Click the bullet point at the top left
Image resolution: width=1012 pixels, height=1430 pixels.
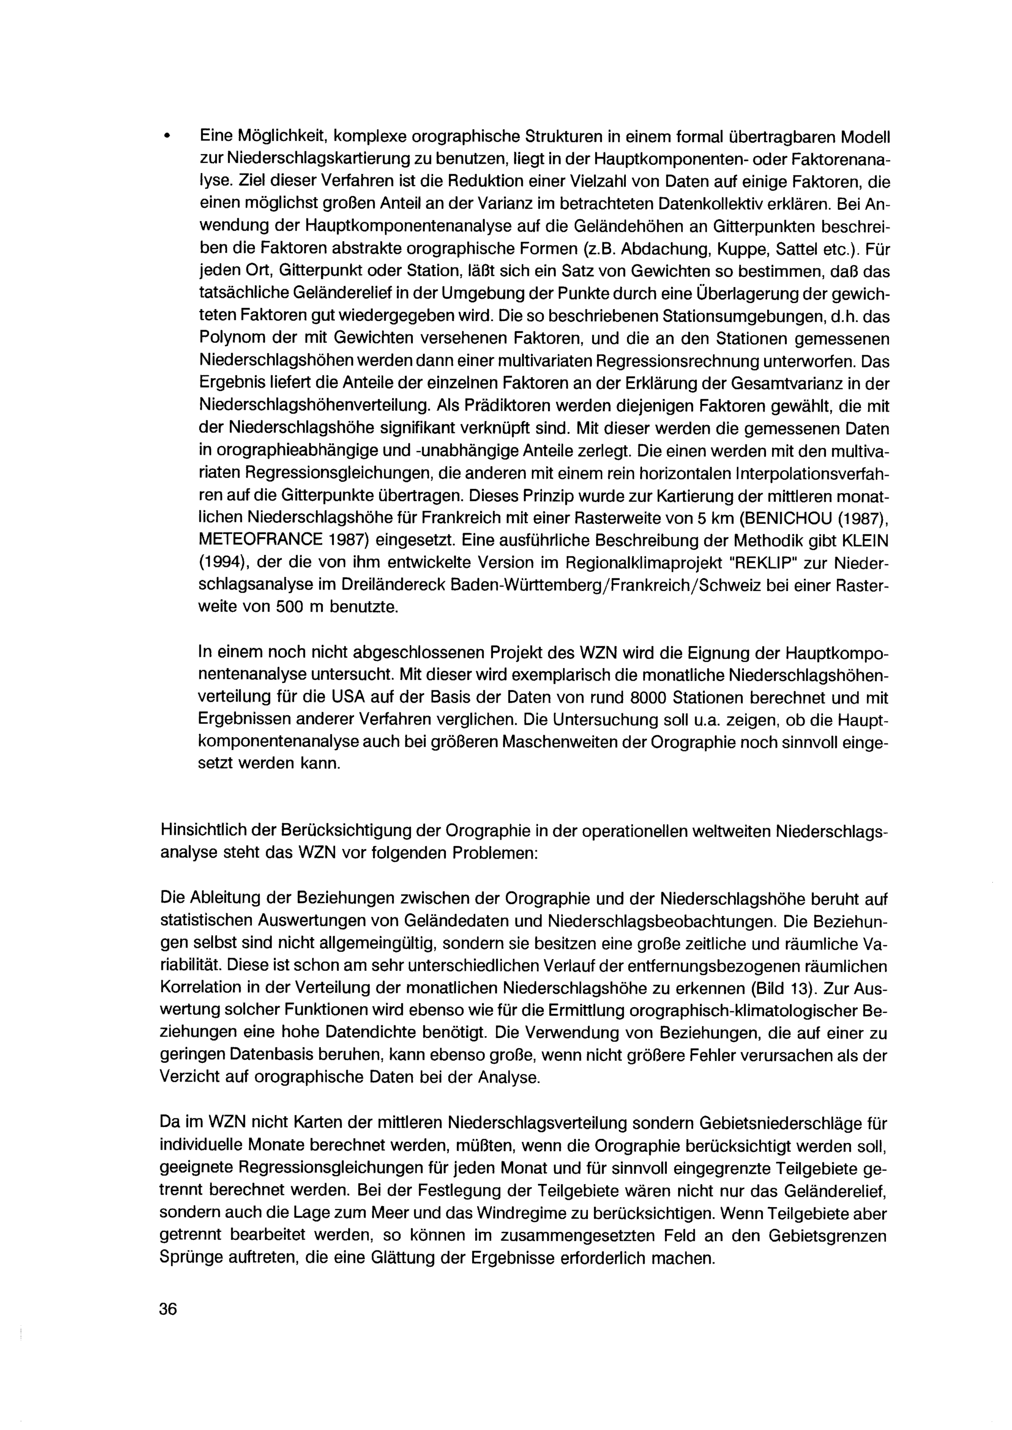click(166, 137)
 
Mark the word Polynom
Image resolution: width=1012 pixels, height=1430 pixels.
click(231, 338)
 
